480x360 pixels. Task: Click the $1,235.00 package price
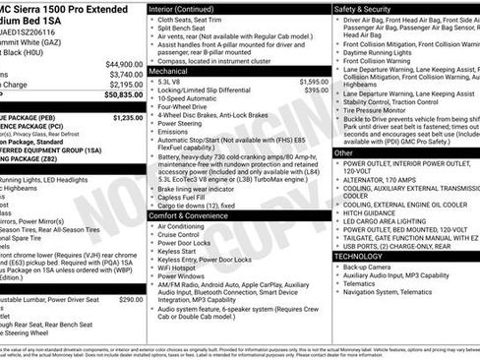click(128, 117)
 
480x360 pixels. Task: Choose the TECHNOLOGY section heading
click(358, 256)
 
